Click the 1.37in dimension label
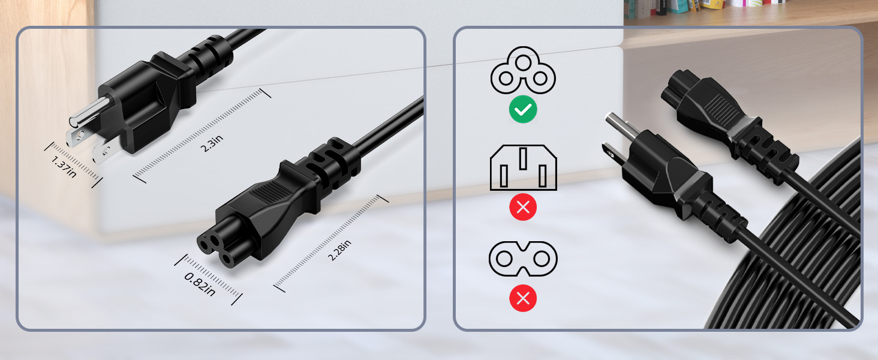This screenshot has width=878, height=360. pos(64,167)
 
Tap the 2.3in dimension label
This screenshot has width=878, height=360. pos(212,143)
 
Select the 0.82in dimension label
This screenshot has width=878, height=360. pos(200,284)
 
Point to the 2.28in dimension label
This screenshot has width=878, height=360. pos(339,250)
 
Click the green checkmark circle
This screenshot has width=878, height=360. pos(523,109)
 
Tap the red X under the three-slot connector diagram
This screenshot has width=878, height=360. pos(523,207)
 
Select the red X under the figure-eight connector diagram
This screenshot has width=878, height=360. pos(523,298)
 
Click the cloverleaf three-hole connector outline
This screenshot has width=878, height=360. pos(523,71)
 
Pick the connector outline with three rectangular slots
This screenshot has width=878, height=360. pos(524,168)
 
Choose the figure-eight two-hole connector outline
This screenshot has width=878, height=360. pos(523,259)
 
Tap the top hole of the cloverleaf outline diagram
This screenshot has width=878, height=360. pos(523,61)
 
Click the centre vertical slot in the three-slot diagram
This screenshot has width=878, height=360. pos(523,158)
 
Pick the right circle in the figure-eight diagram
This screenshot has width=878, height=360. pos(542,259)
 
